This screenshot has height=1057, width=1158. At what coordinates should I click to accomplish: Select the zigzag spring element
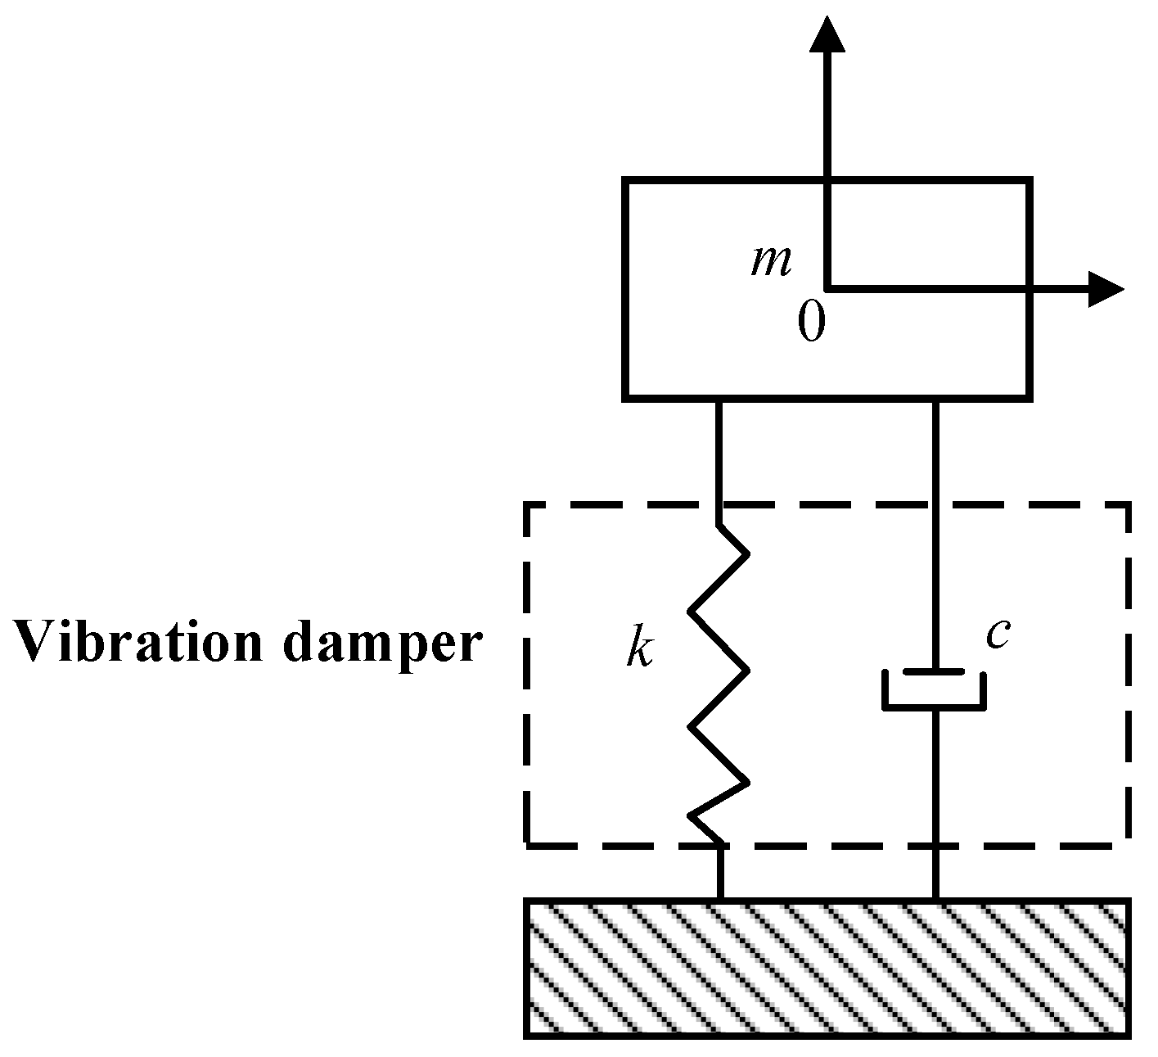point(719,684)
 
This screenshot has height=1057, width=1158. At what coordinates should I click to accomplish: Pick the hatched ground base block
point(827,968)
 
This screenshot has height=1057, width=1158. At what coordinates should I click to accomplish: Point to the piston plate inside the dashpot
point(935,673)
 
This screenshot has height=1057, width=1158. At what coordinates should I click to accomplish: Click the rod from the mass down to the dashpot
point(935,532)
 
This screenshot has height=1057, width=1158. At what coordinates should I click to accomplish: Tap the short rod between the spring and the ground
point(720,872)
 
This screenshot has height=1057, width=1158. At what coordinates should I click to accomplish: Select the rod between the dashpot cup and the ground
point(935,802)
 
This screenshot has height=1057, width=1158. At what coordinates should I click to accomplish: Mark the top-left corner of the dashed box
point(527,507)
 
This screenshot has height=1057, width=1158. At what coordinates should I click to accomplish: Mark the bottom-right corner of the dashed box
point(1129,843)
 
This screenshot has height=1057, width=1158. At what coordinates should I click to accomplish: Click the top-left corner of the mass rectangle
point(625,181)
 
